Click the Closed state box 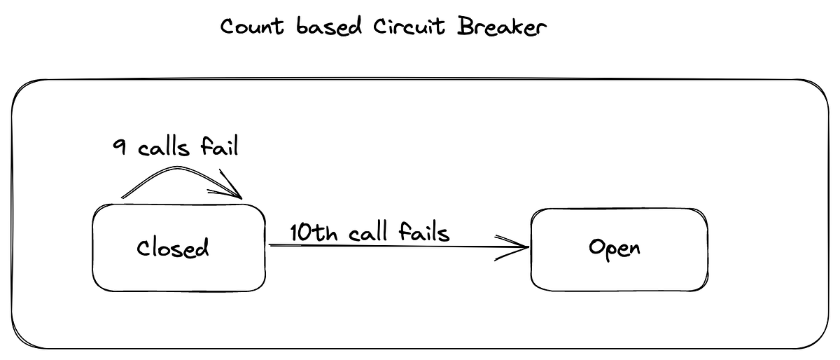112,273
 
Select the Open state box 553,273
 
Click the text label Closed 173,248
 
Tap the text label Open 614,249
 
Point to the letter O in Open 596,248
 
